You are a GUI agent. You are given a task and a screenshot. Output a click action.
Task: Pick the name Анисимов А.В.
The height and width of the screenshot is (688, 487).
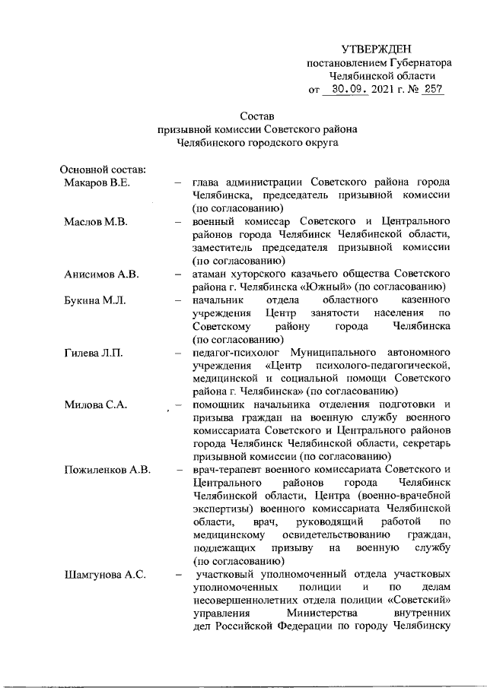100,274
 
